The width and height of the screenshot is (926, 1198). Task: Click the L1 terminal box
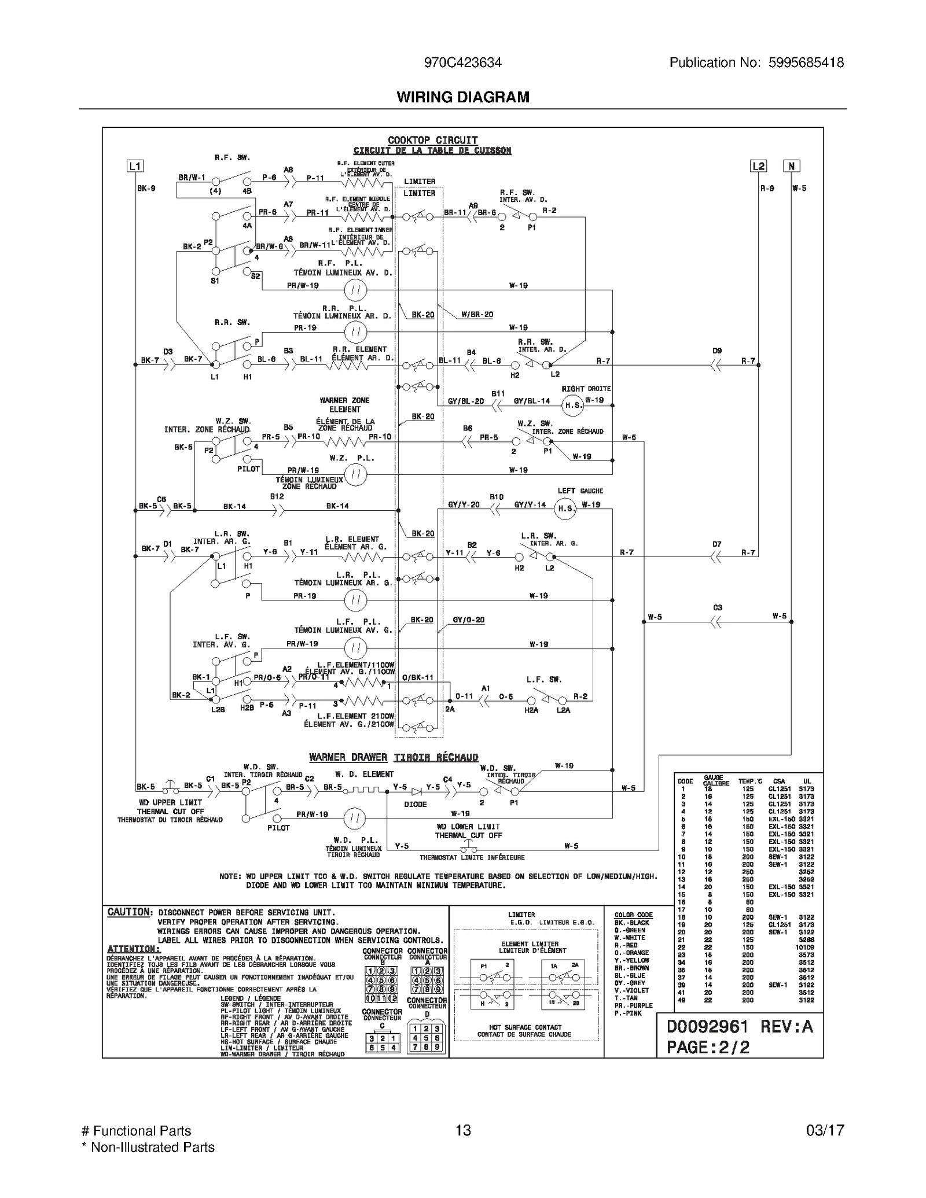[134, 166]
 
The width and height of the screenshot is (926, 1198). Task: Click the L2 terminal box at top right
[758, 166]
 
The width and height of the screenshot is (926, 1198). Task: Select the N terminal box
[791, 166]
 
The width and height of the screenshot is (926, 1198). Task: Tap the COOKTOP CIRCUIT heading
[432, 140]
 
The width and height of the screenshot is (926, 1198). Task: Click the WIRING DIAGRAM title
[462, 97]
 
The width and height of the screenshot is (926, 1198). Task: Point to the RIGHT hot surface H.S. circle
[573, 405]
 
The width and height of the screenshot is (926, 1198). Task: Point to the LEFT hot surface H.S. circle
[565, 508]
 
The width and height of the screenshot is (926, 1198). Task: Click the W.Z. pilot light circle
[356, 475]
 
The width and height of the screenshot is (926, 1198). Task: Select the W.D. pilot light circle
[355, 819]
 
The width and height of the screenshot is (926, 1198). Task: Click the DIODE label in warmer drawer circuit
[415, 804]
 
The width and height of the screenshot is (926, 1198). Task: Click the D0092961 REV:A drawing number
[740, 1026]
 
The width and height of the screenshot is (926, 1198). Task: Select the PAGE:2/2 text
[708, 1047]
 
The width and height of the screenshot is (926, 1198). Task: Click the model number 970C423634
[462, 62]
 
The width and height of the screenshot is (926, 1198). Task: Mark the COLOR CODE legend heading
[633, 915]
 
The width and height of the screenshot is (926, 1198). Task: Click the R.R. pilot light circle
[355, 332]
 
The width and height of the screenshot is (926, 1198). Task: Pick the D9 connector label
[717, 351]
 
